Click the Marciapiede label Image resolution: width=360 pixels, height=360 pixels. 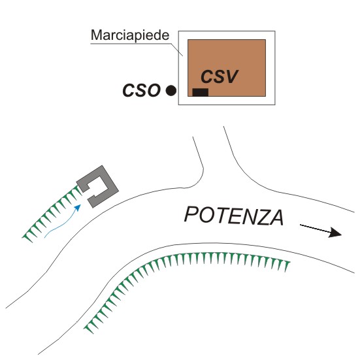130,35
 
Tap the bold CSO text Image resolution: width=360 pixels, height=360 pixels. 141,90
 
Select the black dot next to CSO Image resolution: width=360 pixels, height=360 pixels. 171,90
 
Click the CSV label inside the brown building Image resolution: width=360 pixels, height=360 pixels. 220,76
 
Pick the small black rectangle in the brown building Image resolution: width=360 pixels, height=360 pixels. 200,92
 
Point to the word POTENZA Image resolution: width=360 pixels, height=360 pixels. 234,216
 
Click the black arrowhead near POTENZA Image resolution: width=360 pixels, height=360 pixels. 336,233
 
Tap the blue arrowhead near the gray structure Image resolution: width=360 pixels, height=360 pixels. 78,207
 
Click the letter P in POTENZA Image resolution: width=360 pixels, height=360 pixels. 191,214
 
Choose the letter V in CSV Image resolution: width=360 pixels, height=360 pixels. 231,76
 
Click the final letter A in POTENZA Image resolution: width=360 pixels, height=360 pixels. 276,218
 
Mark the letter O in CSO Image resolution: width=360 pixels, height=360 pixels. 154,90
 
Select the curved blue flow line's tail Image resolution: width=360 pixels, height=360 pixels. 44,237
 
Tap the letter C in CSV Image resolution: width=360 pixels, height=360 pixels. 206,76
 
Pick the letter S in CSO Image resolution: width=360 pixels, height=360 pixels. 140,90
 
